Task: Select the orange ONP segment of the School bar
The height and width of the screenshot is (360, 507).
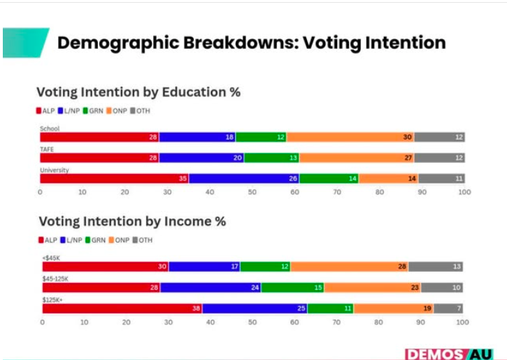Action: click(x=350, y=137)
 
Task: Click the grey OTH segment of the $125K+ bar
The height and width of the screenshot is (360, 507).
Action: click(x=448, y=308)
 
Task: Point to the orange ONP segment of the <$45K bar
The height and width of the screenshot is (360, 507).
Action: click(x=350, y=266)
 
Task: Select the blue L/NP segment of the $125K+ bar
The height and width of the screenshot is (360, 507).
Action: click(x=255, y=308)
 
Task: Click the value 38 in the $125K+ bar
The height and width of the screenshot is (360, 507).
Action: click(x=196, y=308)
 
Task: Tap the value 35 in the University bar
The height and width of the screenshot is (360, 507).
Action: click(x=183, y=179)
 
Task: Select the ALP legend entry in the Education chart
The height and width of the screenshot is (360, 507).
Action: click(x=46, y=110)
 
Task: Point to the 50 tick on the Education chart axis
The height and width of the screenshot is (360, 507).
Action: click(x=252, y=192)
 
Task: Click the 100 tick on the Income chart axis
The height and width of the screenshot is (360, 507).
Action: click(x=462, y=322)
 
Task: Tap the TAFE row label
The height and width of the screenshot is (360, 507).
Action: click(x=48, y=149)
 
